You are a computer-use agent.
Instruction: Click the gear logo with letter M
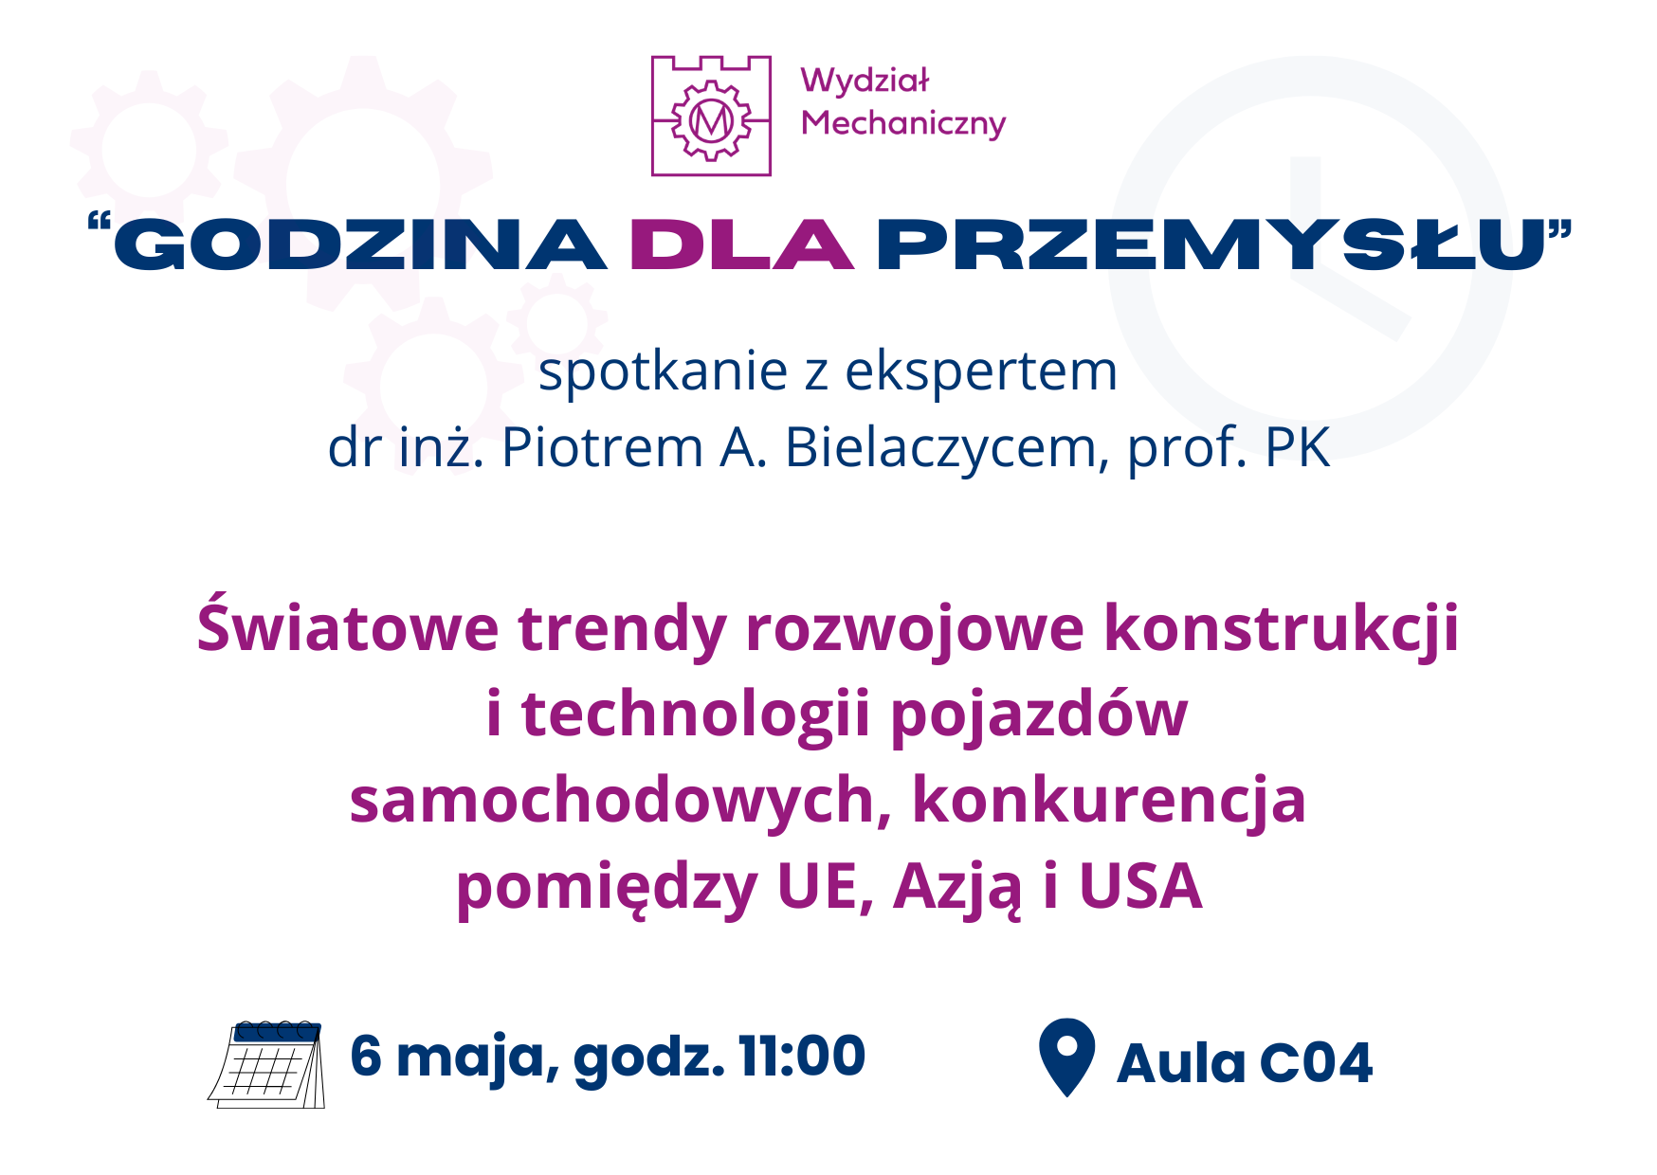(711, 117)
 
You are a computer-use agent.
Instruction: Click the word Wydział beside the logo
(865, 82)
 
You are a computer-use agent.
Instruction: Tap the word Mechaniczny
(903, 124)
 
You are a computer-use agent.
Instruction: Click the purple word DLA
(742, 244)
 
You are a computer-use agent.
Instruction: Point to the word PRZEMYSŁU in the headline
(1211, 244)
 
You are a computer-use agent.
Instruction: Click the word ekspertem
(981, 371)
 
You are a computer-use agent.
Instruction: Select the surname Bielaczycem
(940, 447)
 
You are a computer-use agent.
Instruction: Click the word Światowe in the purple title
(348, 627)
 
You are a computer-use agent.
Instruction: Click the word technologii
(696, 714)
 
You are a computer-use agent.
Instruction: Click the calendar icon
(266, 1064)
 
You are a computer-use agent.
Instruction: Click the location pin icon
(1067, 1057)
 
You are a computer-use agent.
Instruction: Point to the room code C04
(1316, 1063)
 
